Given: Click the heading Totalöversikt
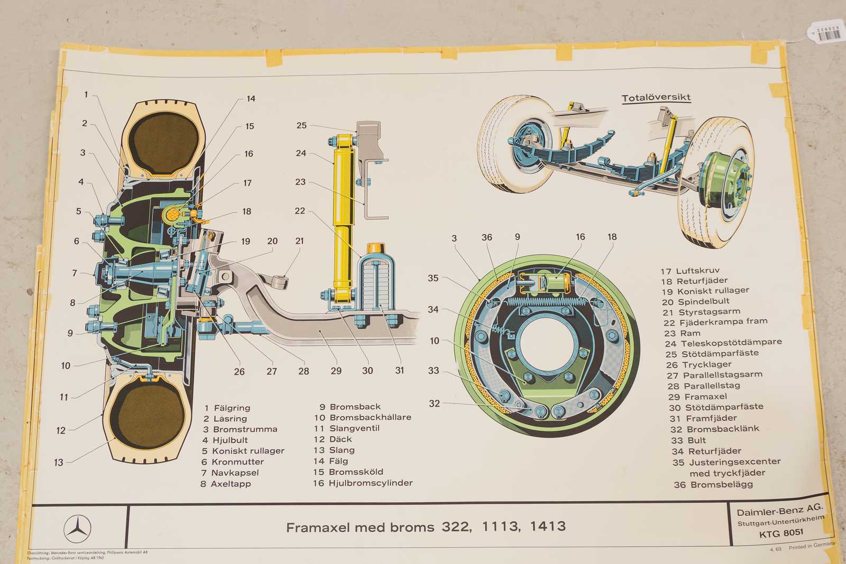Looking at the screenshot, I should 656,98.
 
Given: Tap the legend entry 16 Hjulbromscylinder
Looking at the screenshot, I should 363,483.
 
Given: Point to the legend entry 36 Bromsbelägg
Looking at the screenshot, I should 713,484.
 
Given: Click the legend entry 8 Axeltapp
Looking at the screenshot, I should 226,484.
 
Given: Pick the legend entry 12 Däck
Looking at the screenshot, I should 333,439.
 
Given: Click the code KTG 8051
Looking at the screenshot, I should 781,533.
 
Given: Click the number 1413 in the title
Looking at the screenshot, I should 548,526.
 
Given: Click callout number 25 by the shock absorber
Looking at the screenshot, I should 301,125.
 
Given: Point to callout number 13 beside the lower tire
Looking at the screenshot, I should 59,463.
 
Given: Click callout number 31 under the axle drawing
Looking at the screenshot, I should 400,371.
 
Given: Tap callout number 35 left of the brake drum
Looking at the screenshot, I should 433,278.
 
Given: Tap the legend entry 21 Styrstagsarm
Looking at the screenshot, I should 701,312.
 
